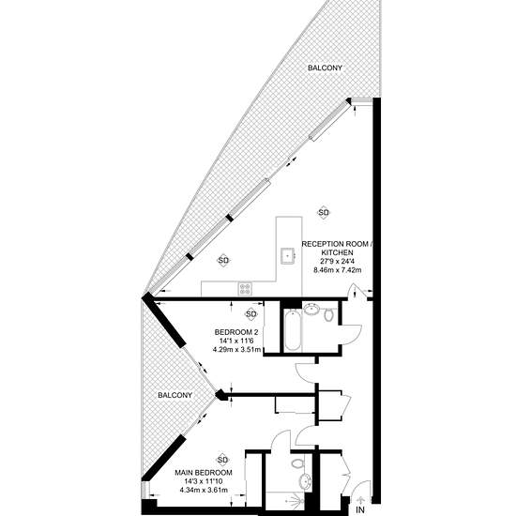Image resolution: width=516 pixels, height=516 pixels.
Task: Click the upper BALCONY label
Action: (x=325, y=68)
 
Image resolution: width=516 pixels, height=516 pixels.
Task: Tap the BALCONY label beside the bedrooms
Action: (x=175, y=395)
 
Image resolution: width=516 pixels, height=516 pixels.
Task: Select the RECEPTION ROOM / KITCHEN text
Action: (x=338, y=248)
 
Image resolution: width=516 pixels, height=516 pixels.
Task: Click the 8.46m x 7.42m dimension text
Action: (x=338, y=270)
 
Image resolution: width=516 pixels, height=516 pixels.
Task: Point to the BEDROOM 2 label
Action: (x=233, y=332)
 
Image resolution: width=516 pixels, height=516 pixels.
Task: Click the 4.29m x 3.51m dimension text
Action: (x=237, y=349)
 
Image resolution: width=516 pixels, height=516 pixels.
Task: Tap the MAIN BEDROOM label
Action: (x=204, y=473)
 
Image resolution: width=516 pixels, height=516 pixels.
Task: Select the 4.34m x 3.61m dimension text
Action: (x=204, y=490)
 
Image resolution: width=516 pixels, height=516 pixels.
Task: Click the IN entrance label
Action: (x=360, y=509)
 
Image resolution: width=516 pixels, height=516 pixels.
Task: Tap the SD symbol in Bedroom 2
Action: (x=251, y=314)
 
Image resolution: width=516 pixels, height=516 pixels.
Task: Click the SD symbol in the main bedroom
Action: (x=222, y=460)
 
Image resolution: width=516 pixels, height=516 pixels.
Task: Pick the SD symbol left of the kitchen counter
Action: (x=223, y=260)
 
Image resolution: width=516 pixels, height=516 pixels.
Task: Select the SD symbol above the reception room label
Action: (x=324, y=213)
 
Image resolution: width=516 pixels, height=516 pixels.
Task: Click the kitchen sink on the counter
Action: (x=288, y=256)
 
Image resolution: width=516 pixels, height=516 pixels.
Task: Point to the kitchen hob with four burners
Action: (x=245, y=289)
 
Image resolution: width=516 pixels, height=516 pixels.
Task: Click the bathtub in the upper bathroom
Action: (x=292, y=330)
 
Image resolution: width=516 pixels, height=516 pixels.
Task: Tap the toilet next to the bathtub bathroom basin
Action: (x=328, y=315)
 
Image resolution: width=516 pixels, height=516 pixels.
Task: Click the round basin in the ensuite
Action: (x=305, y=482)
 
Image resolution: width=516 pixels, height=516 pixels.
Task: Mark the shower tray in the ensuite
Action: (x=285, y=503)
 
